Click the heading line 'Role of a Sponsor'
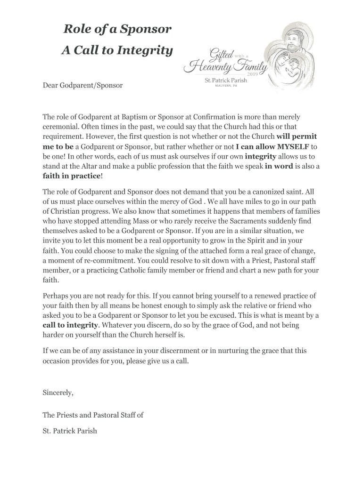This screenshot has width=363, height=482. (x=117, y=30)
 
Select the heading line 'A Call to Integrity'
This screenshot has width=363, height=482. (x=117, y=50)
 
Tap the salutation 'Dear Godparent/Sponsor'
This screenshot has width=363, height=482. (x=82, y=85)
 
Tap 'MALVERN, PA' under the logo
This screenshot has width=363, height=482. (x=225, y=86)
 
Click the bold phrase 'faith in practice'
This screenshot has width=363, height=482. (x=72, y=176)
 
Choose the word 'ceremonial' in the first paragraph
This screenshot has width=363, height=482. (x=60, y=127)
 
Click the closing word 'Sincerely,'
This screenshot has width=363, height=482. (x=58, y=392)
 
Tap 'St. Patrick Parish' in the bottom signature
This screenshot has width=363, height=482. (x=70, y=431)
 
